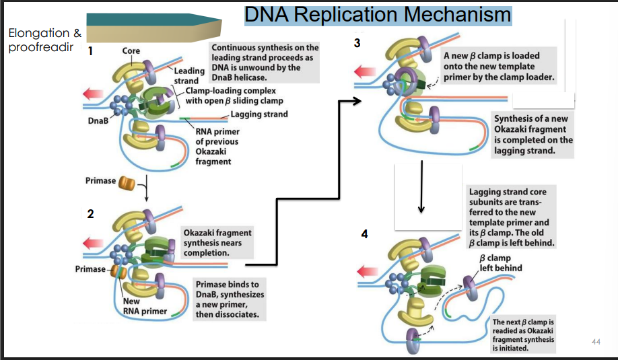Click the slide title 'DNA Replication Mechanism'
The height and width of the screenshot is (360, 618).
tap(377, 14)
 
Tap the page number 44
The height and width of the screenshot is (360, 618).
tap(594, 343)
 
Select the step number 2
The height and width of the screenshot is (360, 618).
tap(90, 214)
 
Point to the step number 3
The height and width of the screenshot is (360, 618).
tap(357, 44)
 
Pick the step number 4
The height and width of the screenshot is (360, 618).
tap(364, 234)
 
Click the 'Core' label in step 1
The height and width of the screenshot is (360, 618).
tap(131, 50)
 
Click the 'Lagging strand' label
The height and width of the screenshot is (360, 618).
tap(259, 114)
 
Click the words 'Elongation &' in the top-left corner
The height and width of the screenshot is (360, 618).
tap(39, 33)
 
